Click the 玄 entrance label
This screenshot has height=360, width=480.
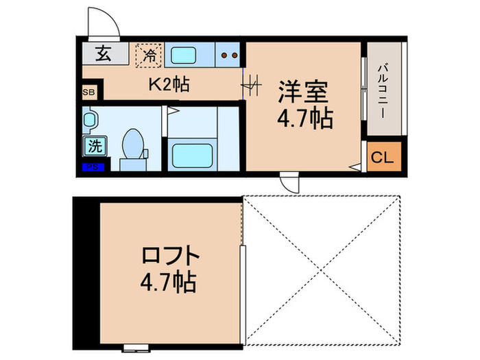pos(102,53)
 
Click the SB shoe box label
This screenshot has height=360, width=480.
pos(89,91)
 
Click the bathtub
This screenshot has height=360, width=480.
pos(193,154)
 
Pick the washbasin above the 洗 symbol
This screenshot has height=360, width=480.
pos(90,121)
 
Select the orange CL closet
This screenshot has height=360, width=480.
pos(381,158)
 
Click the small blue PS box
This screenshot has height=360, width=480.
pos(91,167)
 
